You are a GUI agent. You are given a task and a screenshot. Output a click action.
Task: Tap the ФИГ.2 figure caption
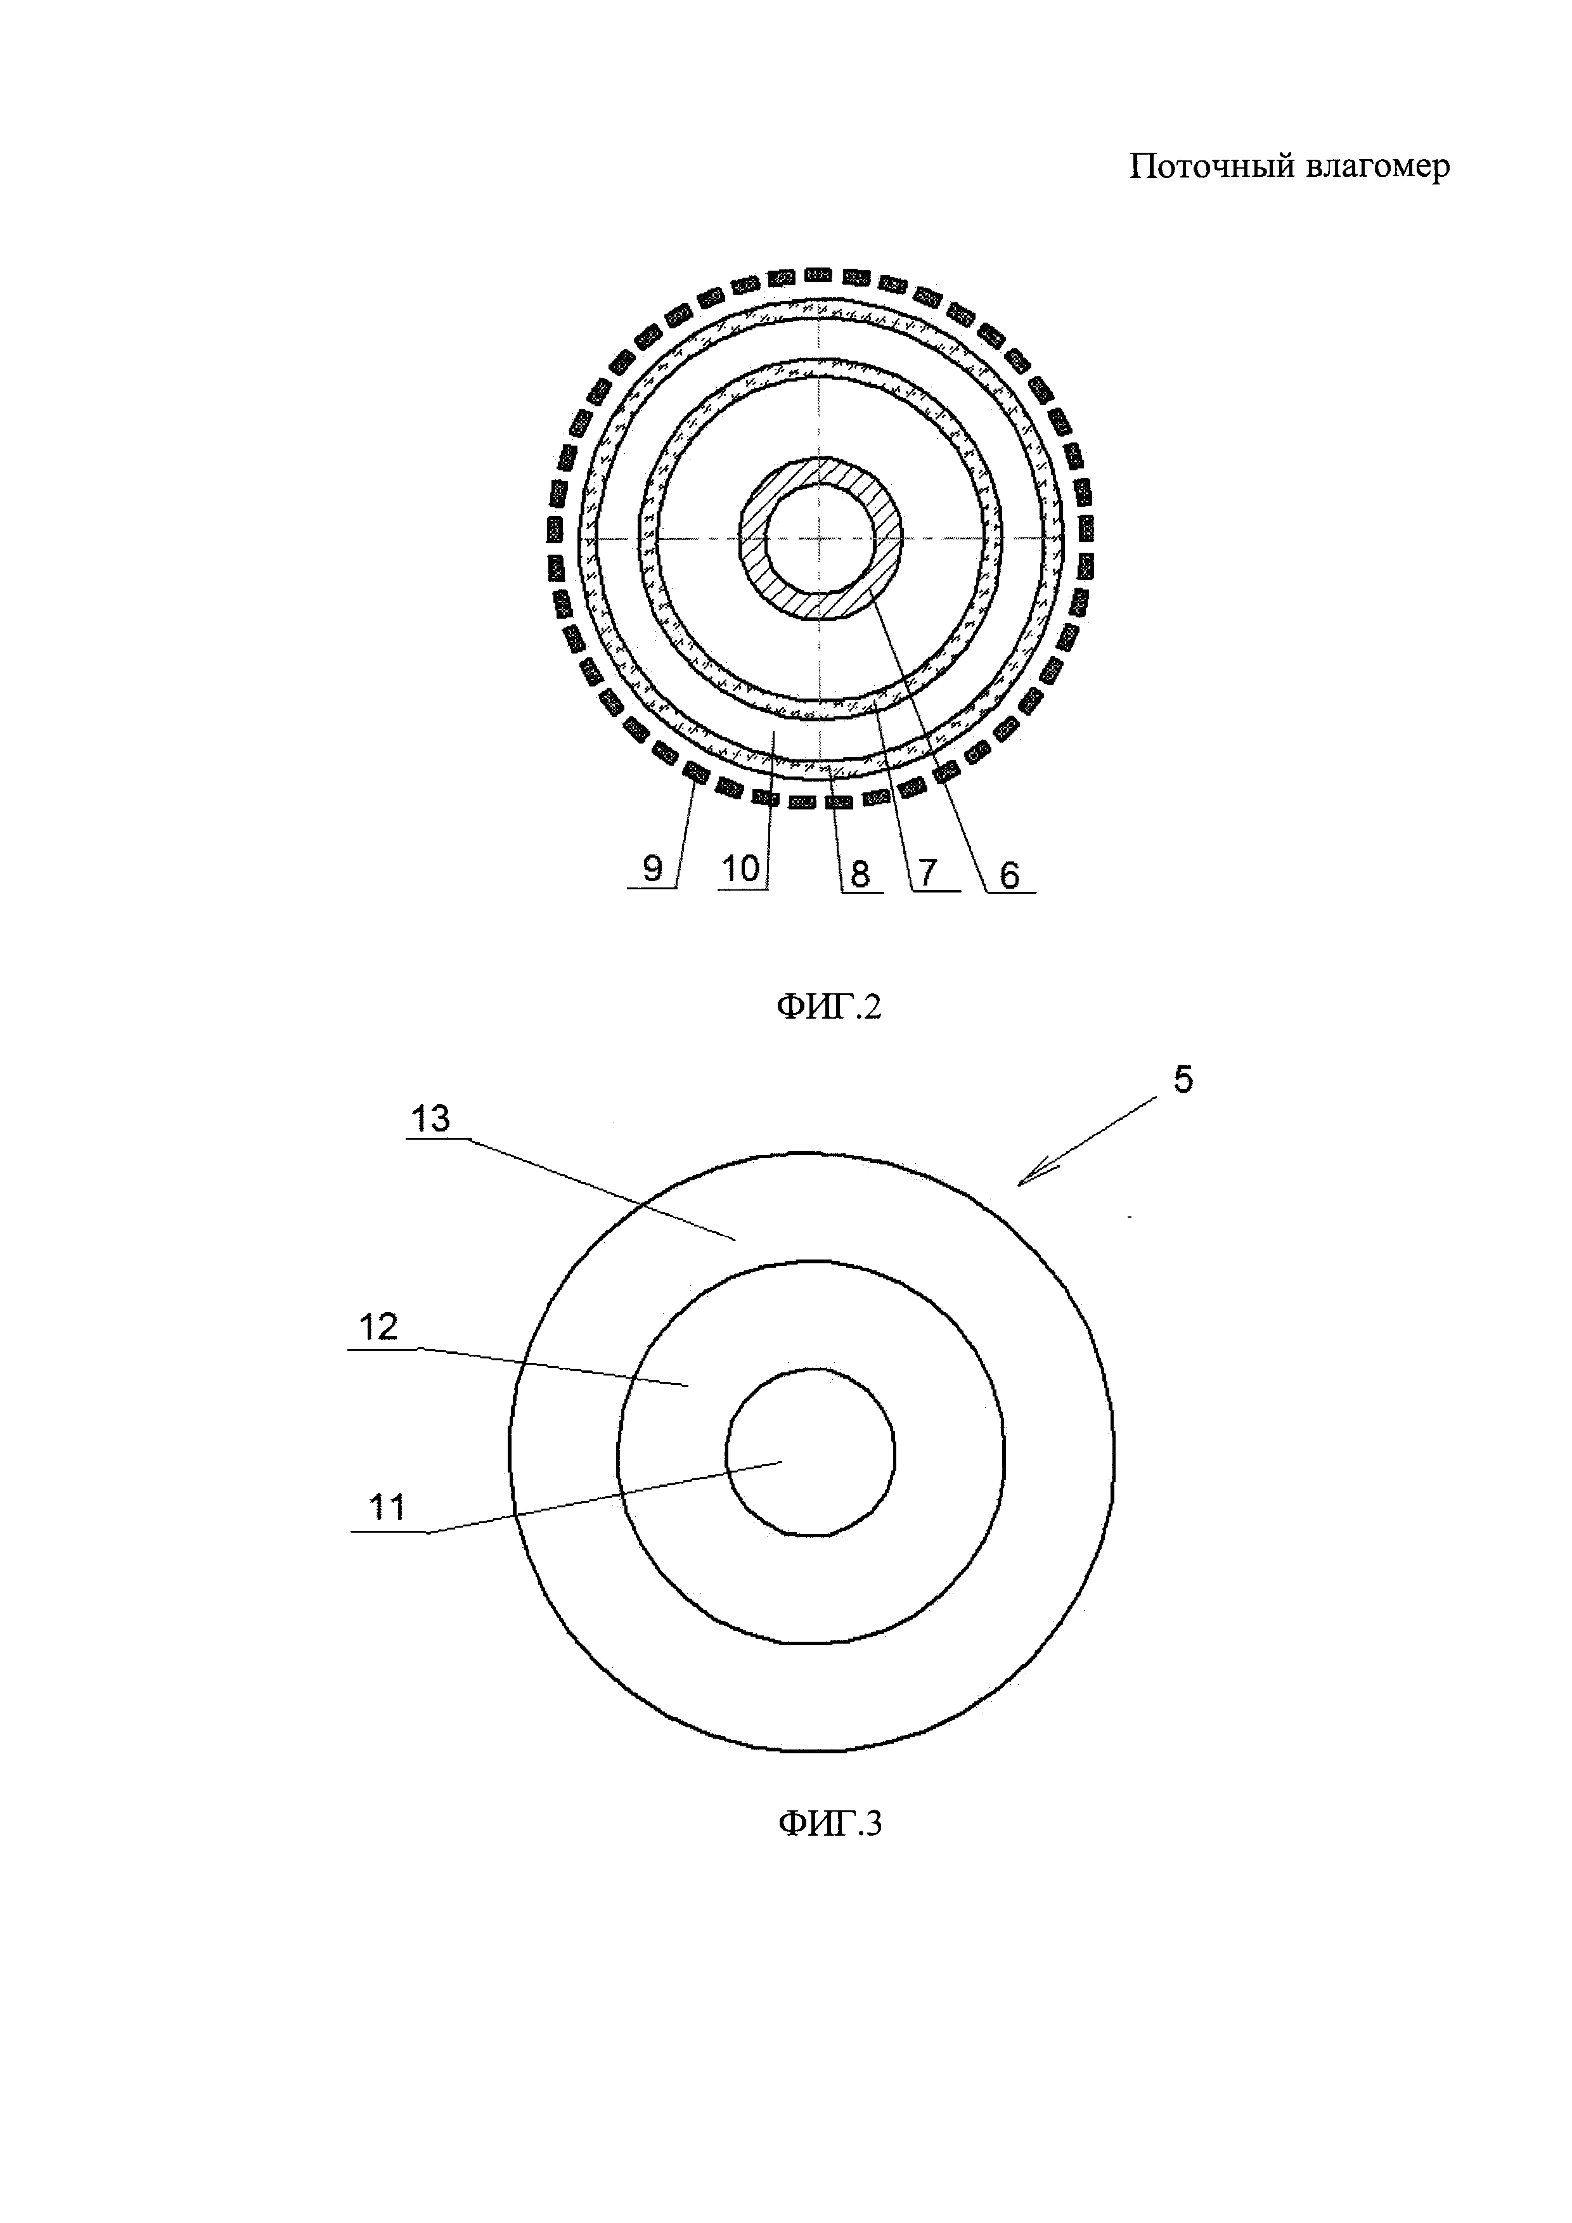click(830, 1008)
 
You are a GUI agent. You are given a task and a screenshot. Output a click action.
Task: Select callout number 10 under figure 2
click(740, 868)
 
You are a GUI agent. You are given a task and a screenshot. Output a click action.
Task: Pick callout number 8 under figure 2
click(860, 874)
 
